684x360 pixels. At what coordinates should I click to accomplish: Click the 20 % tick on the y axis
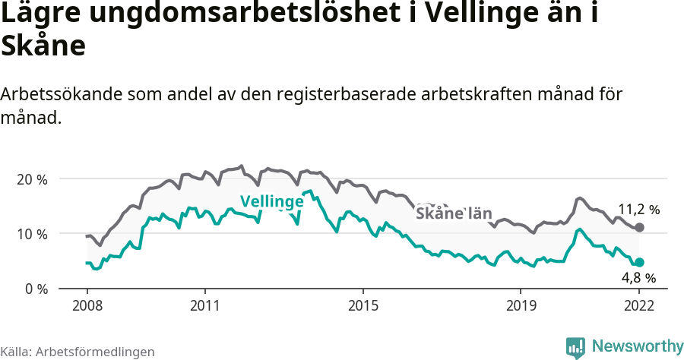click(31, 179)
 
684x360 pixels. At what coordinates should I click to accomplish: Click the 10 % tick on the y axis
click(31, 234)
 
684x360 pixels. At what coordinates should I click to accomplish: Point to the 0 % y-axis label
click(35, 289)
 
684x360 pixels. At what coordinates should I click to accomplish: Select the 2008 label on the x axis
click(87, 306)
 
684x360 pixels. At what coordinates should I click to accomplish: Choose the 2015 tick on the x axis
click(363, 306)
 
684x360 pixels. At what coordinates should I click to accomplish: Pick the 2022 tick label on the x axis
click(639, 306)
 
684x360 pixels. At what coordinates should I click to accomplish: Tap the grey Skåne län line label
click(454, 213)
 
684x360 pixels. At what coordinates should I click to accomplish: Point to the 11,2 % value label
click(638, 210)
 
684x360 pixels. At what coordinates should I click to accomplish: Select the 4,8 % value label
click(638, 278)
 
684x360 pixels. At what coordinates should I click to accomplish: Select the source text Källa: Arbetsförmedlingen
click(78, 352)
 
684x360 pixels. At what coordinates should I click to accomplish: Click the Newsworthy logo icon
click(575, 347)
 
